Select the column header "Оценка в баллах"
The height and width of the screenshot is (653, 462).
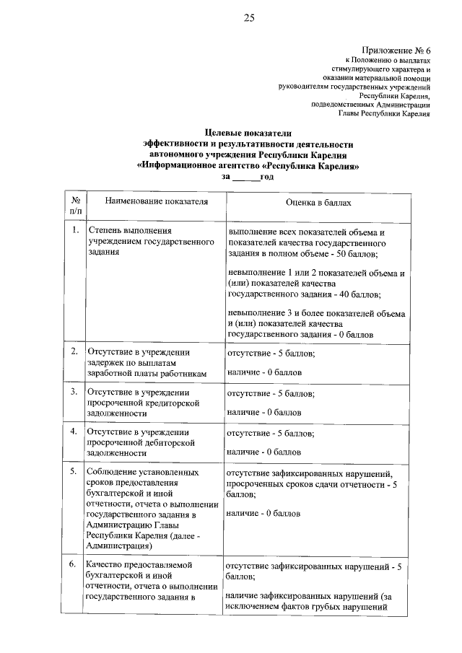[318, 203]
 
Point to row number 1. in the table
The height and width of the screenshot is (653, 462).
[75, 231]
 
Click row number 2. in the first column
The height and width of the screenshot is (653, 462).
[75, 351]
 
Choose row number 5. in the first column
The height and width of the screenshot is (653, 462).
[75, 472]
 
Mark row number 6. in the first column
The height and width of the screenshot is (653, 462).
[75, 564]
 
